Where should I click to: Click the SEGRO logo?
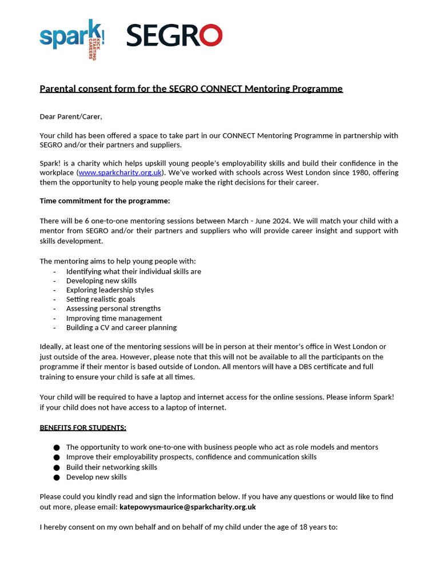coord(174,35)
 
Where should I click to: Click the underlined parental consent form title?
coord(191,89)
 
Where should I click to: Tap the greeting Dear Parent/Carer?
coord(71,117)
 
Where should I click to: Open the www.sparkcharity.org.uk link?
coord(121,173)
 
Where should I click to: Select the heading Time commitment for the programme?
coord(105,201)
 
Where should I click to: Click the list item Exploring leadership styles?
coord(110,290)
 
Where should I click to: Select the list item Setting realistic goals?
coord(101,299)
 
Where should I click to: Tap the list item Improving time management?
coord(114,318)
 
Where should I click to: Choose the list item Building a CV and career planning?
coord(121,327)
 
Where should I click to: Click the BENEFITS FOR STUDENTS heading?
coord(83,427)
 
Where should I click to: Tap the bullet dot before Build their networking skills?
coord(57,467)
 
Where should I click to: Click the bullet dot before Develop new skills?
coord(57,477)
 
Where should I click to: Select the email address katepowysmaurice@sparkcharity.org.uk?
coord(187,507)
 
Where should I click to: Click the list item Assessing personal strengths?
coord(113,308)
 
